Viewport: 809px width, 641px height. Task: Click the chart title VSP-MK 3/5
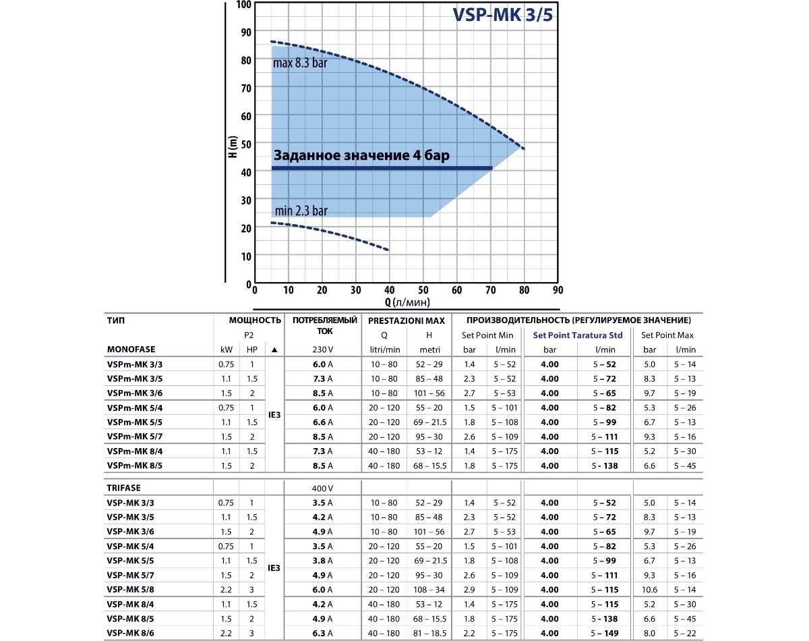(502, 16)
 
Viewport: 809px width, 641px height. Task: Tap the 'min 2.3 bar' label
(301, 211)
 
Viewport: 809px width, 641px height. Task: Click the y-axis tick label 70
(245, 88)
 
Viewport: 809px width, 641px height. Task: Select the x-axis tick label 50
(423, 290)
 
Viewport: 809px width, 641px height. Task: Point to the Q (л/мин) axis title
(407, 302)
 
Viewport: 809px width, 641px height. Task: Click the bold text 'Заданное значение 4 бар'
(361, 155)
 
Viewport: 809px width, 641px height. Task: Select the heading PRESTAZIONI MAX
(406, 320)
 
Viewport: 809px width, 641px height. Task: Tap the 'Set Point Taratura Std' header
(577, 335)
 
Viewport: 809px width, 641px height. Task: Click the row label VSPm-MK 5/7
(134, 437)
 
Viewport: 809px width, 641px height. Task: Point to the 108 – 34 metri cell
(429, 589)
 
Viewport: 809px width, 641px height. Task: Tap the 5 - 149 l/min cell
(605, 632)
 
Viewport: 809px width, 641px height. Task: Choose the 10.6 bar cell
(650, 589)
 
